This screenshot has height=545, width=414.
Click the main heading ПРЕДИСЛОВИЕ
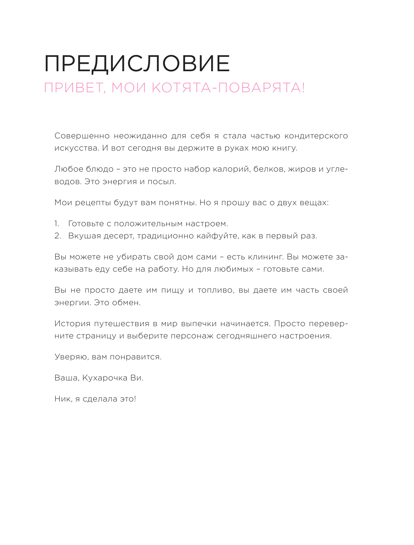click(137, 63)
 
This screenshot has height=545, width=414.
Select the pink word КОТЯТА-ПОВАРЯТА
click(228, 88)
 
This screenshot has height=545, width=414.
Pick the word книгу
click(285, 148)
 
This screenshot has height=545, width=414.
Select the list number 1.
click(57, 224)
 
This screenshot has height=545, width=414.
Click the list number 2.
click(58, 236)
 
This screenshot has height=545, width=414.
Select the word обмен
click(126, 303)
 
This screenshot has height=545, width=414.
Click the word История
click(72, 324)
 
